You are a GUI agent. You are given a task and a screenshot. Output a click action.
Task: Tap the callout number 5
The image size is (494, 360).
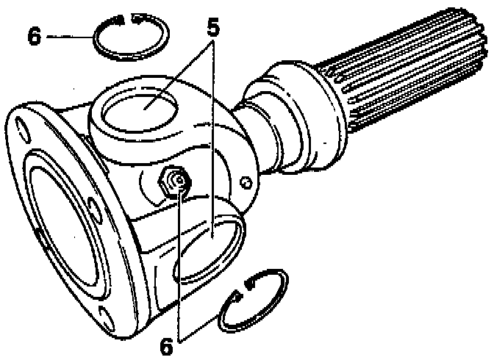212,29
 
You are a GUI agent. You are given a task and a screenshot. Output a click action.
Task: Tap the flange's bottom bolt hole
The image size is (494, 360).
107,317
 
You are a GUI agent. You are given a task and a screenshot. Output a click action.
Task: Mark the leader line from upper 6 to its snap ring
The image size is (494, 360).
70,36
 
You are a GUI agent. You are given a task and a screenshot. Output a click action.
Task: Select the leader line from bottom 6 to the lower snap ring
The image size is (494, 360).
202,327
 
